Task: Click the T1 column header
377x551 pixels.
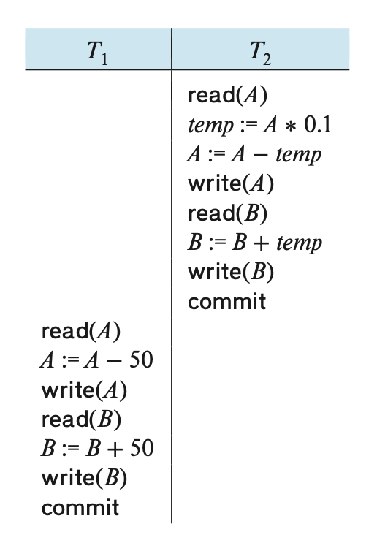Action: [97, 53]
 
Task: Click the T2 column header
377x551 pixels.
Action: [260, 53]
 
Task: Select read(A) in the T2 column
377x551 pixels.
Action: [228, 95]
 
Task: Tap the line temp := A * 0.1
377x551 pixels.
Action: [259, 125]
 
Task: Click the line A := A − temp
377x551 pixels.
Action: [254, 154]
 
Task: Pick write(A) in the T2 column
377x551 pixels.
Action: [231, 183]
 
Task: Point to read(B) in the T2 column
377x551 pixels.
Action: [228, 213]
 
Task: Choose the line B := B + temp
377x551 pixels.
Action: [255, 243]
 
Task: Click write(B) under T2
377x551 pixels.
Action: [231, 272]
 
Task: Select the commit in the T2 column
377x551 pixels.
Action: [227, 302]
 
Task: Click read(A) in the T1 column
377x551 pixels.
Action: [81, 331]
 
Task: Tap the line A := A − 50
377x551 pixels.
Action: [96, 360]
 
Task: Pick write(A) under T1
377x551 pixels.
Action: [84, 390]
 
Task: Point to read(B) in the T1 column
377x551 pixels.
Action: [81, 419]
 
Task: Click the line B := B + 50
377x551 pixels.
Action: [97, 449]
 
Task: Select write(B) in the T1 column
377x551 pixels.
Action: [84, 478]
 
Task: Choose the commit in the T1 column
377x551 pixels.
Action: [80, 508]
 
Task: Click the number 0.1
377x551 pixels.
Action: [318, 124]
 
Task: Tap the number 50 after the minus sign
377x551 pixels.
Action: [141, 360]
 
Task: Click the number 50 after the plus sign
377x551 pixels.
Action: [142, 448]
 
